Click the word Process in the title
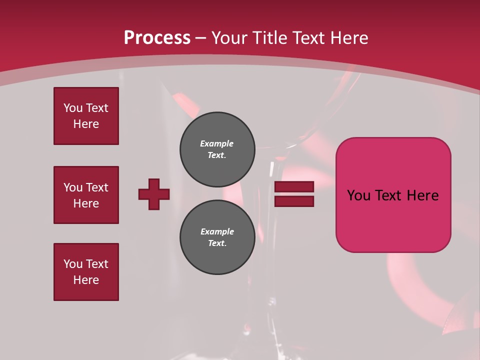coord(157,38)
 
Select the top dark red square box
coord(86,116)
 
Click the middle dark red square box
coord(86,195)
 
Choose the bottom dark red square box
coord(86,272)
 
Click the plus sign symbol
coord(154,194)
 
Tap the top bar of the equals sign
coord(294,187)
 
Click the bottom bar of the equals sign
coord(294,201)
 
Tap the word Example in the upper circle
coord(216,143)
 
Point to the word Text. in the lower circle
coord(217,243)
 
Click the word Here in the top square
coord(86,124)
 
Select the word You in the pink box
coord(358,195)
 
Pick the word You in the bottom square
coord(73,264)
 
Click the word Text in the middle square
coord(96,187)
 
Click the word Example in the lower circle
coord(217,231)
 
